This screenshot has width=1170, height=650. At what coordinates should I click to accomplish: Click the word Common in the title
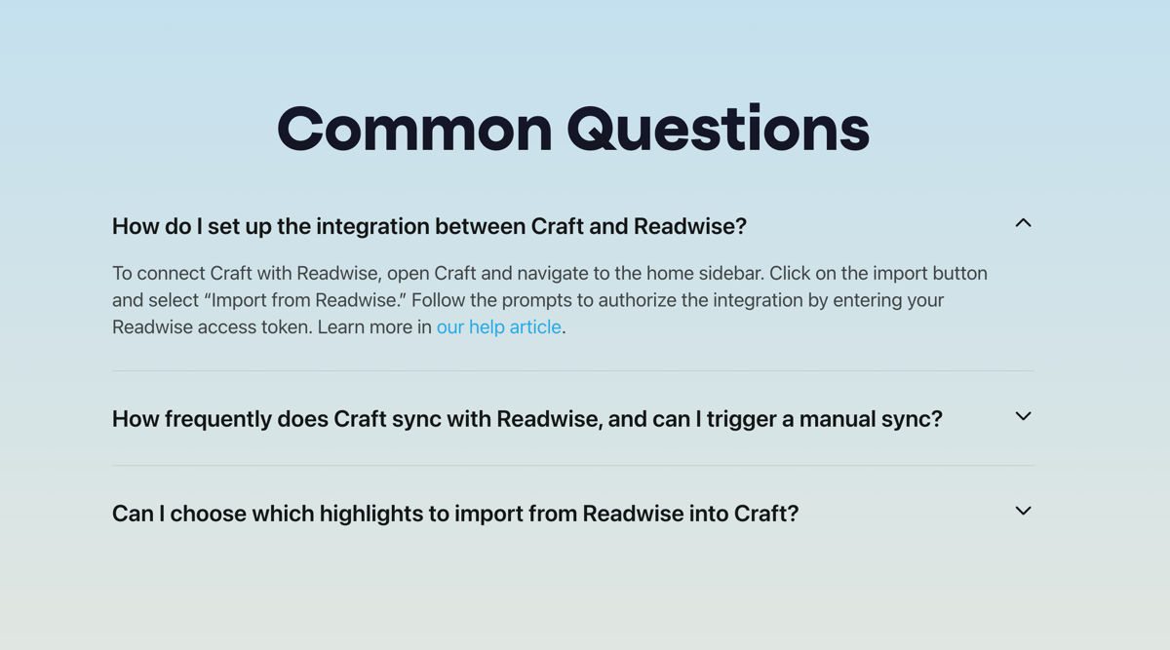click(x=415, y=129)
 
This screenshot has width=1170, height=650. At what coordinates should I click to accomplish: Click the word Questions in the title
click(x=718, y=129)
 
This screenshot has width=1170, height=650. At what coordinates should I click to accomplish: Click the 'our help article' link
click(x=498, y=327)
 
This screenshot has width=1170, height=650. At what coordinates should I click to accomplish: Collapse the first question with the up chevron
click(x=1023, y=223)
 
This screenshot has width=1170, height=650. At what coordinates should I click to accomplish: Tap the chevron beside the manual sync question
click(x=1023, y=416)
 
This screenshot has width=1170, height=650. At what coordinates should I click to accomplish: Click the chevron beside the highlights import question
click(x=1023, y=511)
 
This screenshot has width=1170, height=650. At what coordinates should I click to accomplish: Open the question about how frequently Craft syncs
click(x=526, y=419)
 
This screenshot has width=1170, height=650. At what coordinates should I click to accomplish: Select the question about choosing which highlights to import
click(x=454, y=514)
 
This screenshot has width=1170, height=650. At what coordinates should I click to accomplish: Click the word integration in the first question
click(x=370, y=226)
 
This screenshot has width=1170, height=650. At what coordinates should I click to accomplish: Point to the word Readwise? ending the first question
click(x=689, y=226)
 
